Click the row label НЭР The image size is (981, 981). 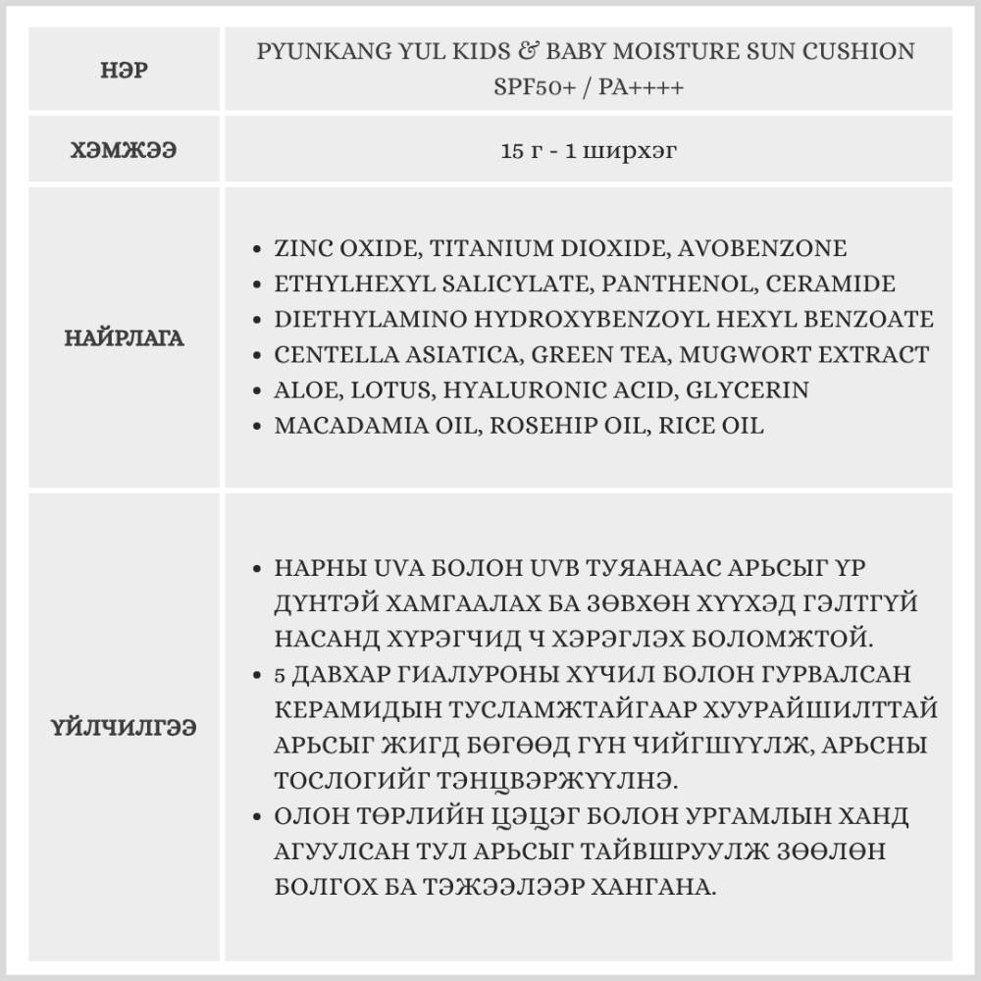[x=125, y=70]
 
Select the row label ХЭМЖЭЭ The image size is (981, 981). [x=125, y=152]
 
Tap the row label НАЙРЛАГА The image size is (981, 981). [x=125, y=338]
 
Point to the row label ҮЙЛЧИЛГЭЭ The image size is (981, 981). [x=125, y=727]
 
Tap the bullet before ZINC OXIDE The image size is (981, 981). [x=256, y=249]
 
